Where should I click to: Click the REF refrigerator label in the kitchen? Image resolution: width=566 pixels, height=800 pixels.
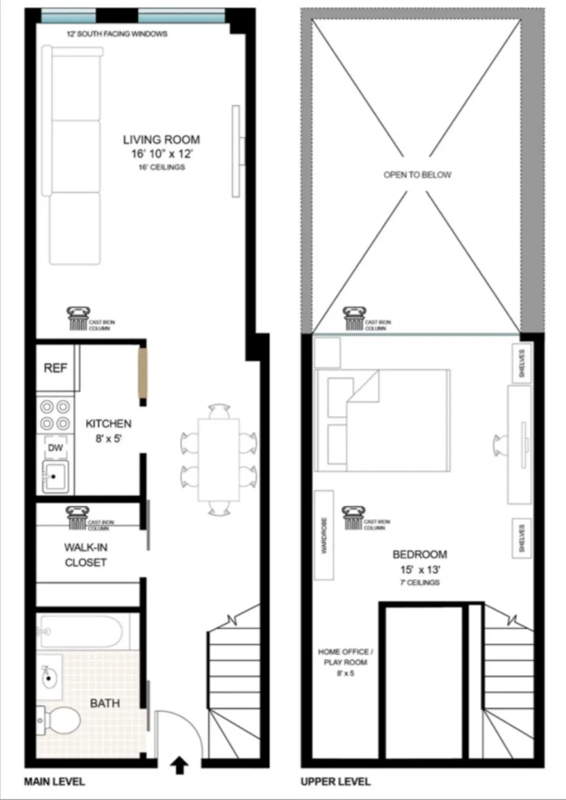click(x=55, y=368)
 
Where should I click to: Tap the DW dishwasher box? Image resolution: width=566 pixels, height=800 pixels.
click(x=55, y=448)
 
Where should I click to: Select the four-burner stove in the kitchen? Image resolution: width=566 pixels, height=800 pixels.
click(x=55, y=415)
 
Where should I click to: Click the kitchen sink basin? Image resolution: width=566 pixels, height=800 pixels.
click(x=55, y=476)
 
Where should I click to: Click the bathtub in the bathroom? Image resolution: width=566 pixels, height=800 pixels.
click(x=82, y=632)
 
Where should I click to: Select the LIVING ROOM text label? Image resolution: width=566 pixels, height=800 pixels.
click(x=161, y=140)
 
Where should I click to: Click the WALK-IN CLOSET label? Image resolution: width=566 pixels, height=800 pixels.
click(x=85, y=555)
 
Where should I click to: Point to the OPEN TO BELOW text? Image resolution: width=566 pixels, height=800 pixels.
click(x=417, y=175)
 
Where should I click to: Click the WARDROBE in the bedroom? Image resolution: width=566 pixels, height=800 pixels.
click(x=324, y=535)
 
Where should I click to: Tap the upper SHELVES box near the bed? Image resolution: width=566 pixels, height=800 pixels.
click(x=521, y=362)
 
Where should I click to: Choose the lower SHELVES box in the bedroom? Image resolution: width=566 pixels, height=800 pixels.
click(x=521, y=536)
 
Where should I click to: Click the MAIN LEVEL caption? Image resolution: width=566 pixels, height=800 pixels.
click(x=55, y=781)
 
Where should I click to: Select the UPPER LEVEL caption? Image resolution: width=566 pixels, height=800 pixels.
click(x=335, y=781)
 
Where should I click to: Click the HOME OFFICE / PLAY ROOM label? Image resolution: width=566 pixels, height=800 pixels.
click(x=345, y=657)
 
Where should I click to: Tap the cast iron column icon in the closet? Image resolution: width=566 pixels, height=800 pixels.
click(x=77, y=518)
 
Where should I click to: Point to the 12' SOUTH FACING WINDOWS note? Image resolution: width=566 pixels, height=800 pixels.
click(x=117, y=34)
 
